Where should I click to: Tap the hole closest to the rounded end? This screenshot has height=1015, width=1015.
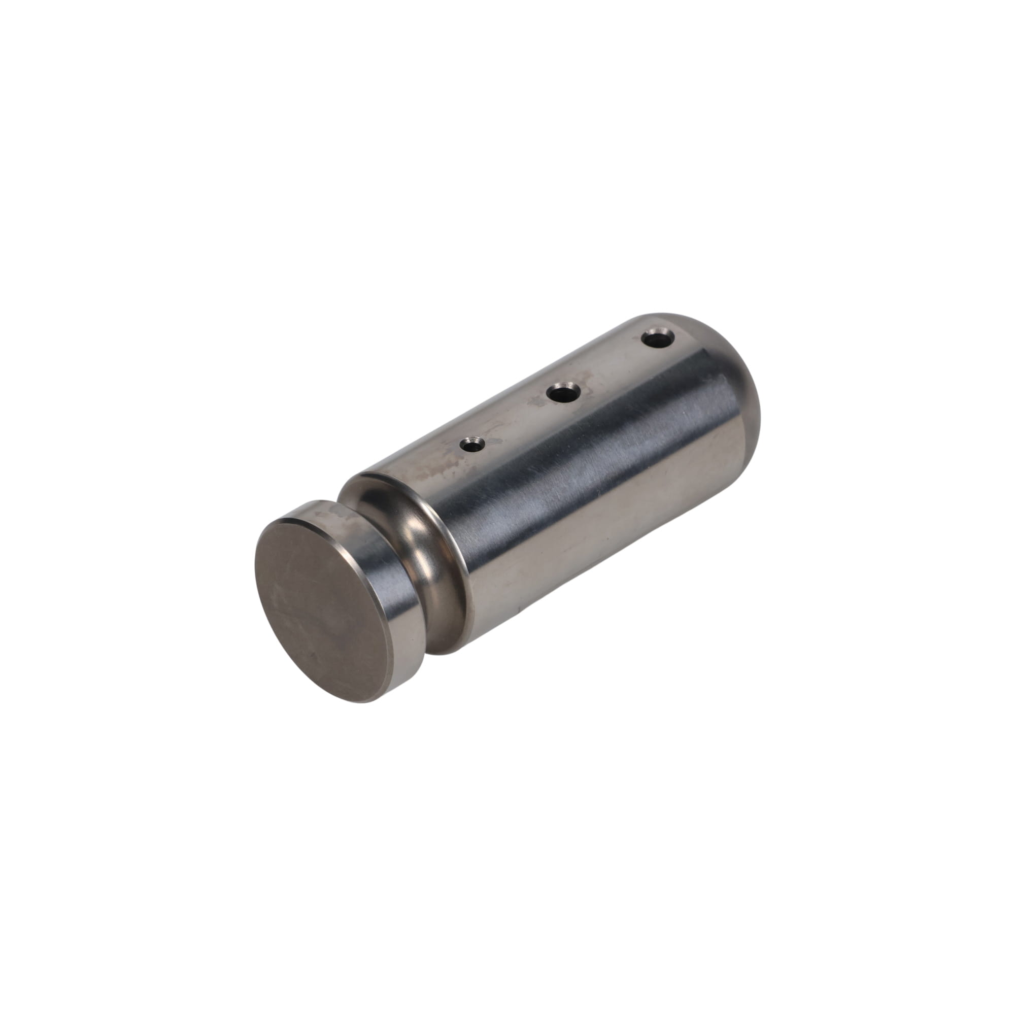point(658,339)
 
